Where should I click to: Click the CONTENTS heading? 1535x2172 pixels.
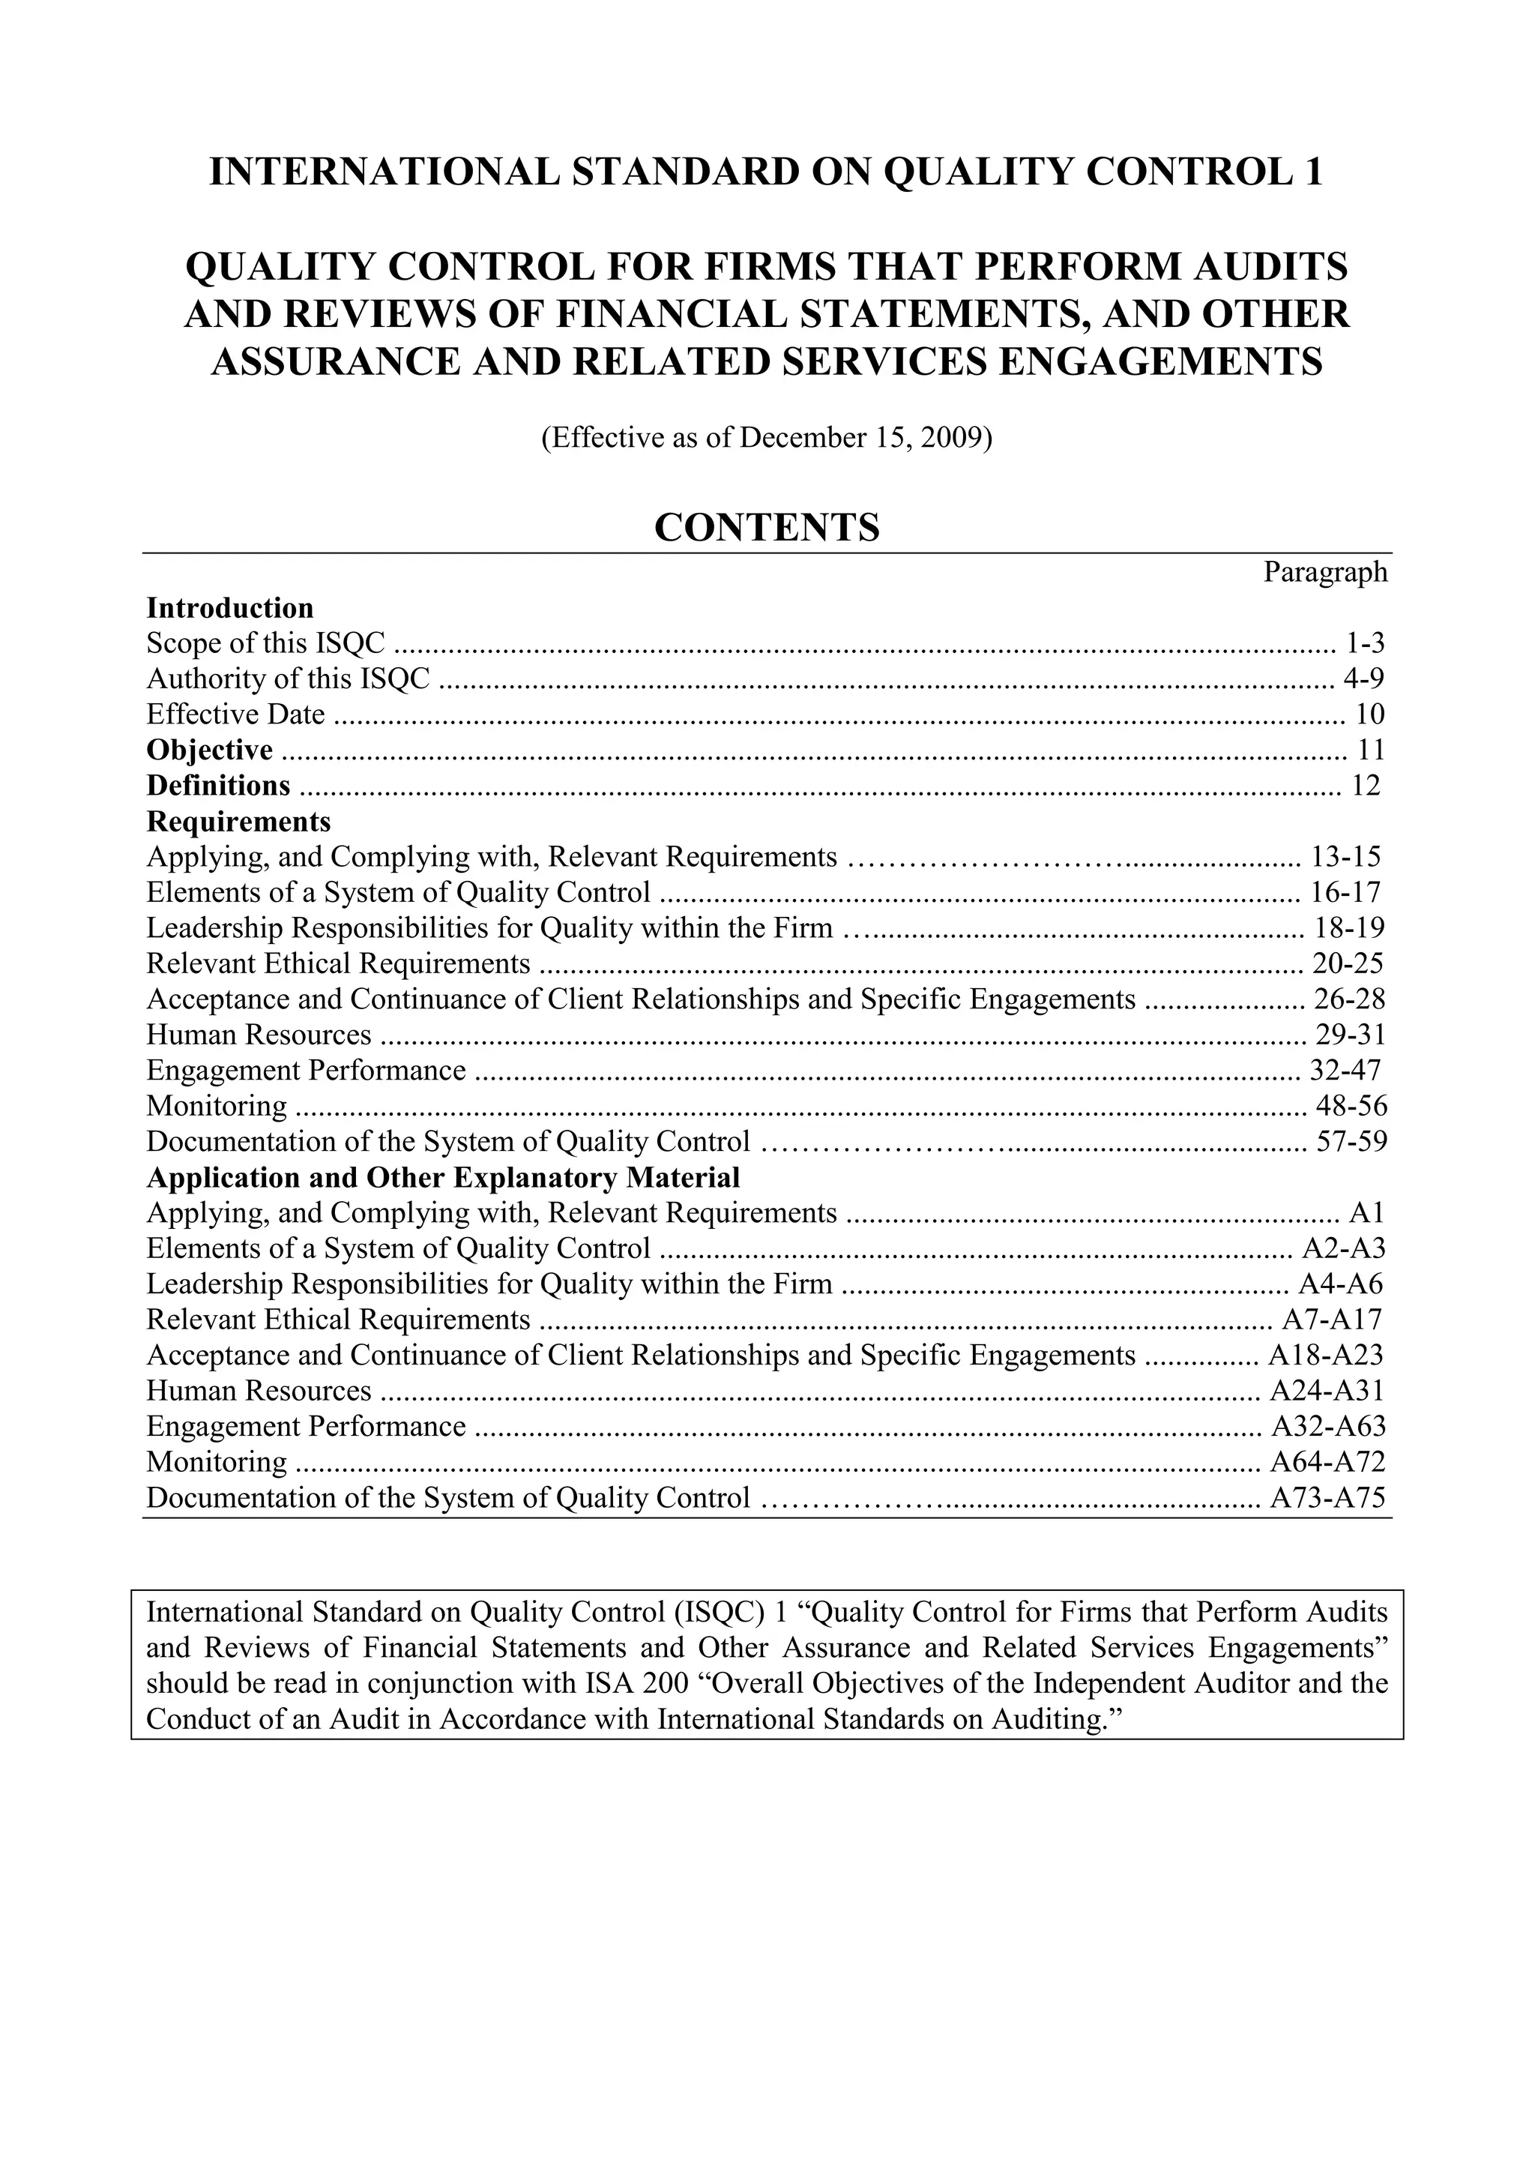click(766, 528)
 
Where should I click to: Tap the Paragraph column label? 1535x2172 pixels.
click(1325, 572)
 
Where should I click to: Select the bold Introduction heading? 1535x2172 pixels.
click(230, 607)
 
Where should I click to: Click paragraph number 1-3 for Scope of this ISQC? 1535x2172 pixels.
click(1365, 643)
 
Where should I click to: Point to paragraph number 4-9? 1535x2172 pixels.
click(1364, 679)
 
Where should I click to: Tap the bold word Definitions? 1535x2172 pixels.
click(218, 785)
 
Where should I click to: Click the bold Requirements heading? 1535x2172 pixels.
click(238, 820)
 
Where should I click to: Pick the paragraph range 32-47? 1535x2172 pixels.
click(1345, 1071)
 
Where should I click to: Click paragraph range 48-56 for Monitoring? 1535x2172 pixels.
click(1351, 1106)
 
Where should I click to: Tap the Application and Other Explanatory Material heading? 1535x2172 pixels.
click(443, 1178)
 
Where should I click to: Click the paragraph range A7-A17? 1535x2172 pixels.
click(1332, 1320)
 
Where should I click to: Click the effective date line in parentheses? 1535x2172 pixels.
click(766, 438)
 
